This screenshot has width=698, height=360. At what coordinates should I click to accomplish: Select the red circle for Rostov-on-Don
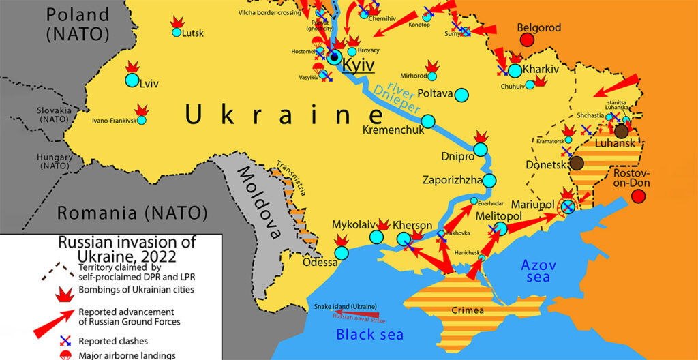tap(639, 196)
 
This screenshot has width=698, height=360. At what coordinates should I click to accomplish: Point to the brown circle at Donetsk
tap(577, 162)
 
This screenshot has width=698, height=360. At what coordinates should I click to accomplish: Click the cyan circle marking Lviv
tap(132, 80)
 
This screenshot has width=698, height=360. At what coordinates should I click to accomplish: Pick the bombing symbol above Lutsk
tap(177, 22)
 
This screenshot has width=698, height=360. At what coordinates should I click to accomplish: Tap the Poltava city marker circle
tap(461, 94)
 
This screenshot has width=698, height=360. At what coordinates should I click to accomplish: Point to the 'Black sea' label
tap(369, 334)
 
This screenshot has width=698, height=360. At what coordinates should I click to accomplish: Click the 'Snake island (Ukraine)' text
tap(345, 307)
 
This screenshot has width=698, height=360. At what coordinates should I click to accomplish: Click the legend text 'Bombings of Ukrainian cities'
tap(137, 290)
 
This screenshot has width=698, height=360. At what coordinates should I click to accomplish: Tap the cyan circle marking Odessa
tap(342, 252)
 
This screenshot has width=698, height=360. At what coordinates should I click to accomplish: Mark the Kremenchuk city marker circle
tap(428, 121)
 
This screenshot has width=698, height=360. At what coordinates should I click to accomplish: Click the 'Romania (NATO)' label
tap(132, 213)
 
